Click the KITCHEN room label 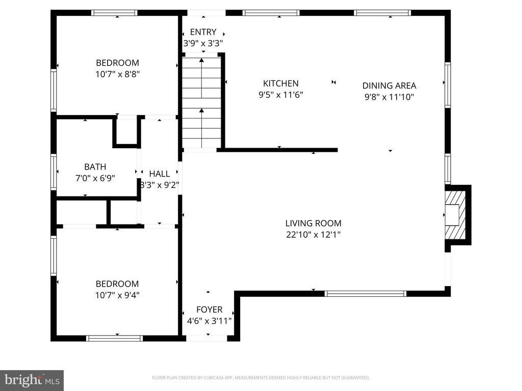[x=280, y=83]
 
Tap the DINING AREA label [x=389, y=86]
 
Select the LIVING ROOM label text [x=313, y=223]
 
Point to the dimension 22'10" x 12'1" [x=313, y=235]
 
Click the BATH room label [x=95, y=166]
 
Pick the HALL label [x=160, y=174]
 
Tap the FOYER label [x=209, y=310]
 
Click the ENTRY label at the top [x=203, y=32]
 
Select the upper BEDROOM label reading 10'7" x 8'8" [x=117, y=63]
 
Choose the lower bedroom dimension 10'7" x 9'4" [x=117, y=295]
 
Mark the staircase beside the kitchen [x=202, y=102]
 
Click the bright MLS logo [x=32, y=380]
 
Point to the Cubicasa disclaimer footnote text [x=260, y=378]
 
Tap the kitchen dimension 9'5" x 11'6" [x=280, y=95]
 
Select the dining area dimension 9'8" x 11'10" [x=389, y=97]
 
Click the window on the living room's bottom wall [x=365, y=293]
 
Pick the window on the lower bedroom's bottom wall [x=115, y=338]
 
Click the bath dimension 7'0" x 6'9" [x=95, y=178]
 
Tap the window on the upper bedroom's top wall [x=114, y=13]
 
